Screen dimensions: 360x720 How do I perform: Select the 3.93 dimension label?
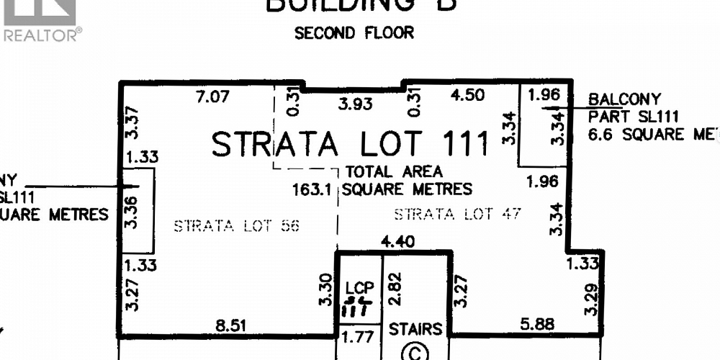356,104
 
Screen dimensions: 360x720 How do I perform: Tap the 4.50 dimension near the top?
467,95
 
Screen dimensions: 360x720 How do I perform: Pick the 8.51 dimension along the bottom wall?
232,325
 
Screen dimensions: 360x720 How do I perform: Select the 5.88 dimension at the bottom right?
537,325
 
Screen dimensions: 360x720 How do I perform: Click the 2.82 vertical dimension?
394,289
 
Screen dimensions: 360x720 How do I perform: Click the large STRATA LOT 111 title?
351,144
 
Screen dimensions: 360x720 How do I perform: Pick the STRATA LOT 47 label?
456,214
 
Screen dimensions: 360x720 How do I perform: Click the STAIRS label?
415,329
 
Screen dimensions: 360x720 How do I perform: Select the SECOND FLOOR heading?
354,33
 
